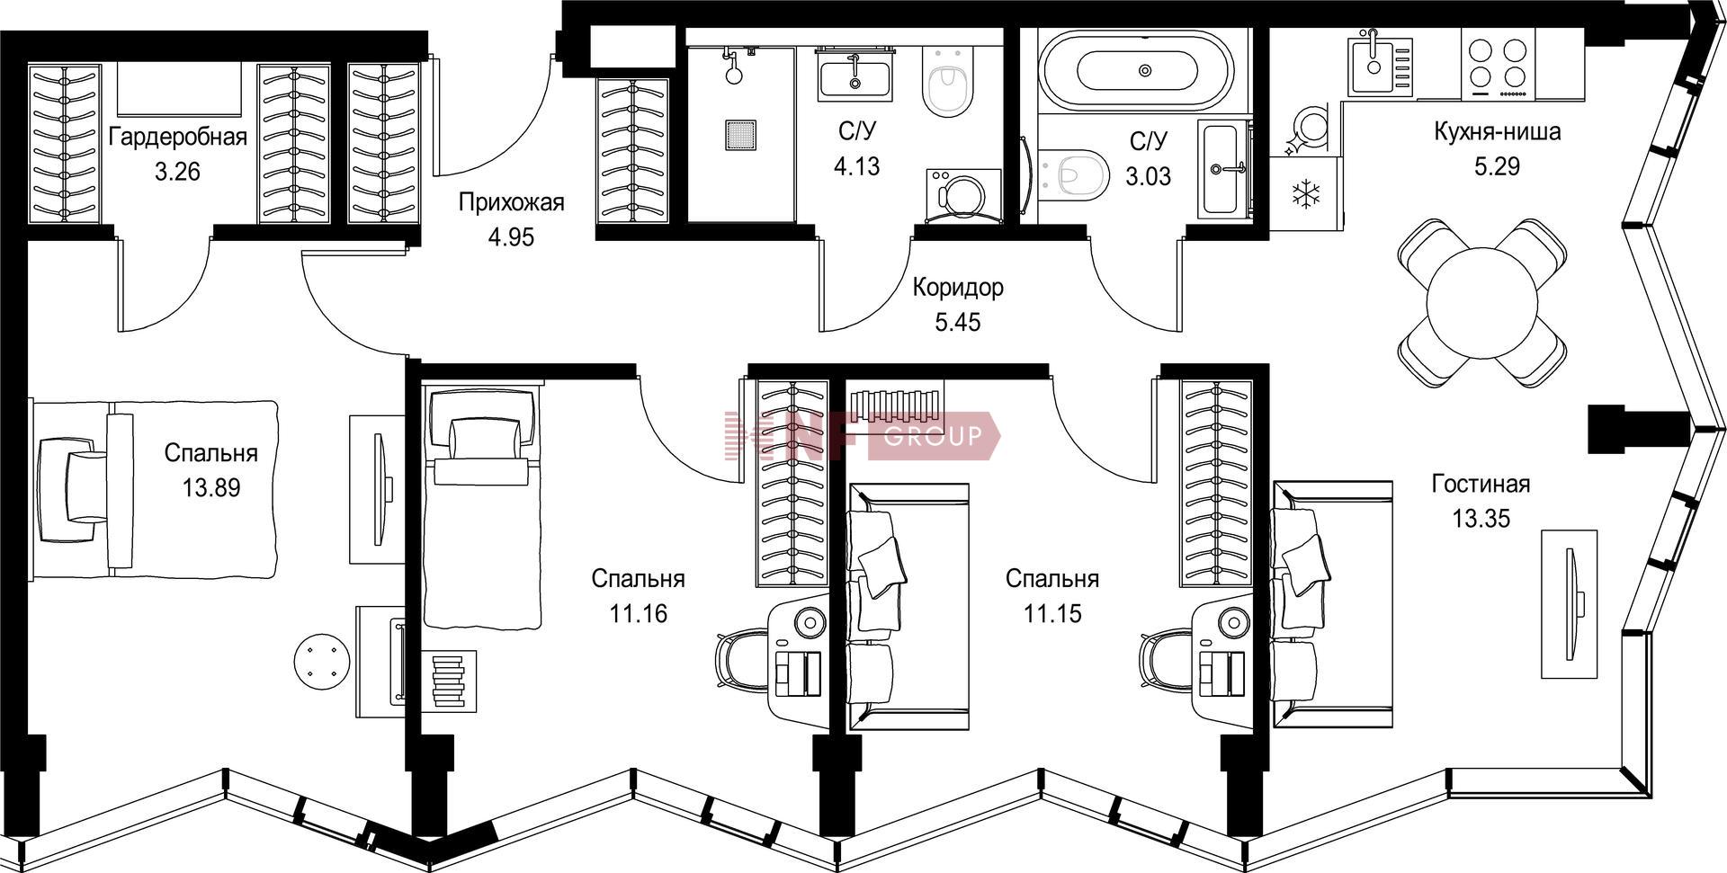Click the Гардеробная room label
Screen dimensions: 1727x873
pyautogui.click(x=177, y=138)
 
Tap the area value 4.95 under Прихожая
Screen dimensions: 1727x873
pyautogui.click(x=511, y=237)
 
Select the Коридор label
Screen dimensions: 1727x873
pyautogui.click(x=958, y=288)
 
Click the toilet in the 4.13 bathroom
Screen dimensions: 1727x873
pyautogui.click(x=948, y=78)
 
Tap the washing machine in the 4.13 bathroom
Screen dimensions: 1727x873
pyautogui.click(x=962, y=194)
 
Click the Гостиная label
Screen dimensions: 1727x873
pyautogui.click(x=1481, y=485)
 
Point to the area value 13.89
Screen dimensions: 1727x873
pyautogui.click(x=211, y=488)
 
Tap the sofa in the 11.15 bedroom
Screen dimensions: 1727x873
pyautogui.click(x=908, y=606)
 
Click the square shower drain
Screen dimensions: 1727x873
pyautogui.click(x=741, y=135)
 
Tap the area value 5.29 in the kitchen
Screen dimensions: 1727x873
pyautogui.click(x=1497, y=166)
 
